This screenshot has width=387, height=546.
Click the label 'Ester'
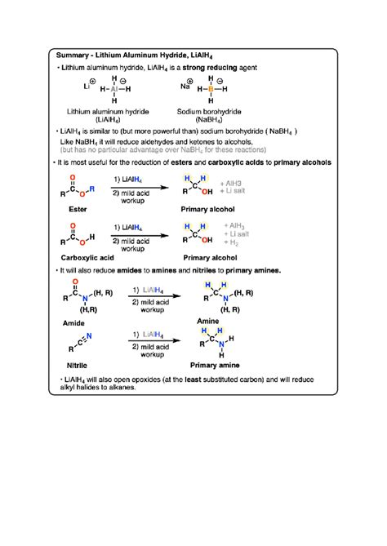tap(71, 209)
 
